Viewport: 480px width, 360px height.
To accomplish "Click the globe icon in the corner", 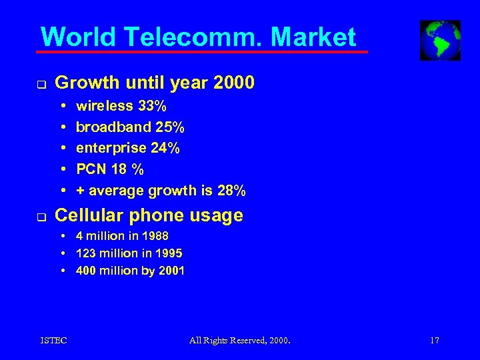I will pos(440,40).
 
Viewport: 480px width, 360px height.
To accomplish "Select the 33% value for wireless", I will pos(153,106).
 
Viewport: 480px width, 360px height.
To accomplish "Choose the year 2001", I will pos(171,271).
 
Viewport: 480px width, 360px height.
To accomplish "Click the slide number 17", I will pos(435,341).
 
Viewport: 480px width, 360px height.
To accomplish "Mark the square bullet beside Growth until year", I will pos(42,85).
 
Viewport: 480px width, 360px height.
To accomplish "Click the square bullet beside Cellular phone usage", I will pos(42,217).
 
